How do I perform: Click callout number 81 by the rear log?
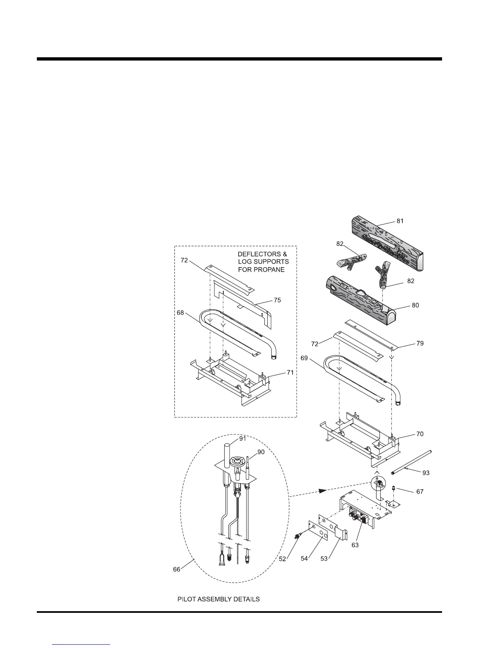tap(400, 221)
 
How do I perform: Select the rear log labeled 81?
tap(387, 245)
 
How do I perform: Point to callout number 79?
tap(420, 343)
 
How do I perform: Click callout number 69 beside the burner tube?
tap(304, 358)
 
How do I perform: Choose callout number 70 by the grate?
tap(420, 434)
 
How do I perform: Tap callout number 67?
tap(420, 491)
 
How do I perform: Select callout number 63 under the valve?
tap(355, 545)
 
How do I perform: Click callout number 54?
tap(304, 559)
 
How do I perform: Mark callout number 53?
tap(324, 559)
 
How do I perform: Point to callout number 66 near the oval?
tap(176, 569)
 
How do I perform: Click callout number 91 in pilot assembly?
tap(243, 438)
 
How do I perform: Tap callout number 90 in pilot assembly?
tap(261, 452)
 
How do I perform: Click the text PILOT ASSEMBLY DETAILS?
tap(218, 599)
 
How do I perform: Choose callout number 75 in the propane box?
tap(277, 300)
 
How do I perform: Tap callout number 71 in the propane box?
tap(290, 372)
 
